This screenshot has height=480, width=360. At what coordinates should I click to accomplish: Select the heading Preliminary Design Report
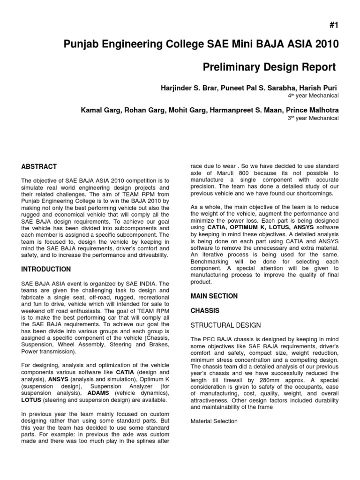[x=269, y=67]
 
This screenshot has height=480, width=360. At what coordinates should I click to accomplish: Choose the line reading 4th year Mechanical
[x=313, y=96]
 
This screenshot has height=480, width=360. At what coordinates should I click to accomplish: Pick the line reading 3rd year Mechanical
[x=313, y=118]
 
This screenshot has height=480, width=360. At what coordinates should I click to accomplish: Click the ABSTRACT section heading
[x=39, y=166]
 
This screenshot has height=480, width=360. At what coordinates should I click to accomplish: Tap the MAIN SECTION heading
[x=214, y=296]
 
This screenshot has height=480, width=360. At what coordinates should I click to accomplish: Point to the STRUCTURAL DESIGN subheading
[x=225, y=325]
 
